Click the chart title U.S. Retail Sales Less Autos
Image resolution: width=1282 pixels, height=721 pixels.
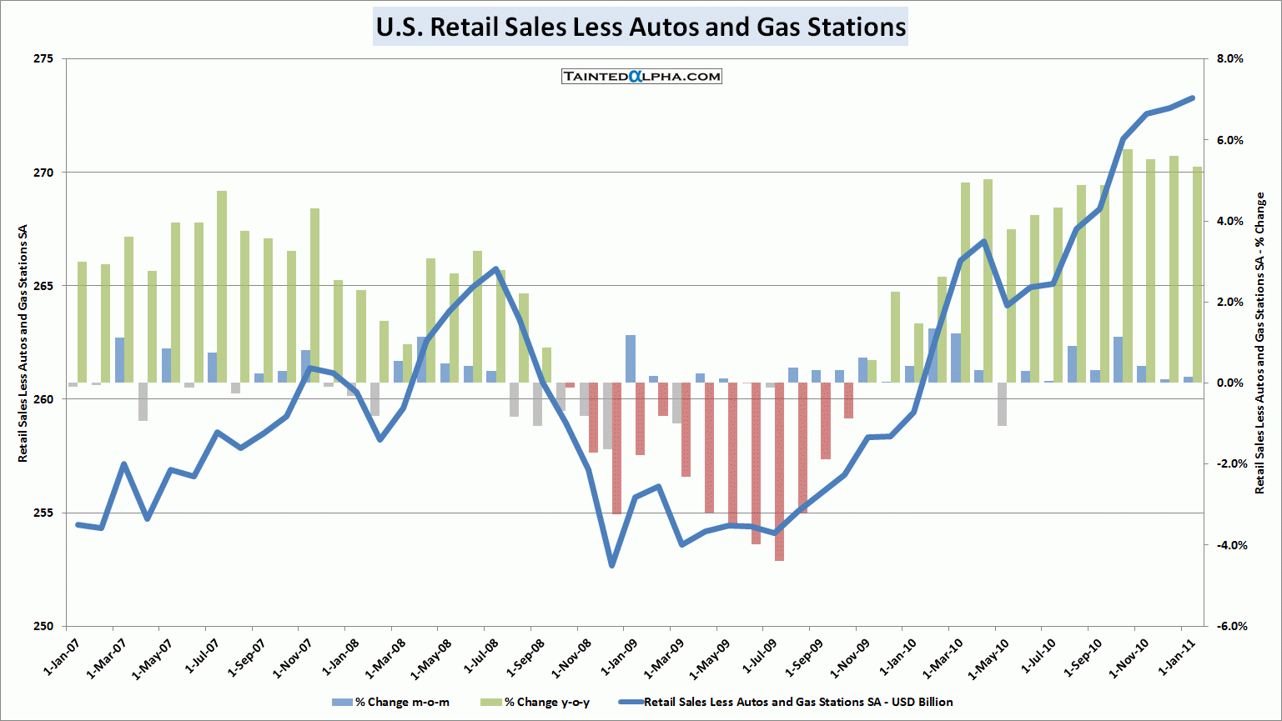[x=641, y=27]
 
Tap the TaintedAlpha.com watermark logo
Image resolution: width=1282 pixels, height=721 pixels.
[x=641, y=77]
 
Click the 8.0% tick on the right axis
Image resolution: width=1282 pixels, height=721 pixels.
[x=1229, y=59]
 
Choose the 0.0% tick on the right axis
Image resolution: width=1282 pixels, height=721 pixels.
[x=1229, y=383]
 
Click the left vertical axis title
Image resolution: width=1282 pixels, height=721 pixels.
[x=23, y=343]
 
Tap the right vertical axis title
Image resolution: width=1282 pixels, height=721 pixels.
[x=1259, y=343]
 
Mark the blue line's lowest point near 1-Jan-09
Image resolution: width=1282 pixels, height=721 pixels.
[x=612, y=565]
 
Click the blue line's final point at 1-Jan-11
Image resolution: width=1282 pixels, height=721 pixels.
[x=1192, y=98]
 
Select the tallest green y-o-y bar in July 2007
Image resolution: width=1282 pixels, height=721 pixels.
[x=222, y=287]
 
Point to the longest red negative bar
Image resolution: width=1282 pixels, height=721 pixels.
[x=779, y=472]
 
